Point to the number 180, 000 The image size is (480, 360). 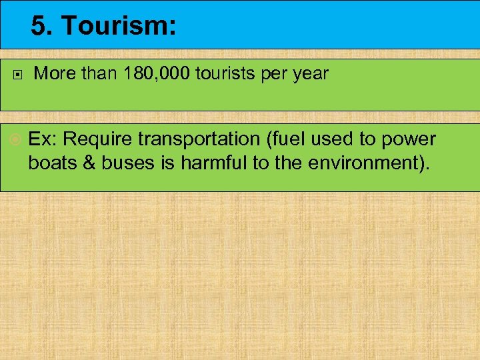(x=156, y=73)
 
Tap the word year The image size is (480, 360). (x=310, y=74)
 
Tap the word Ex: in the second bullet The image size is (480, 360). (x=43, y=139)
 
